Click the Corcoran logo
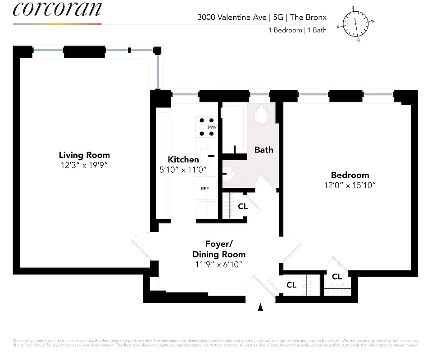[57, 9]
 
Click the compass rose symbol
[356, 23]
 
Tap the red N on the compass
[359, 40]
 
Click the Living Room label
[84, 155]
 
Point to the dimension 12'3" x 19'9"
[84, 165]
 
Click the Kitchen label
[183, 159]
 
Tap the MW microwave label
[212, 127]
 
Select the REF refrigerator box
[205, 189]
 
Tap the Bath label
[264, 149]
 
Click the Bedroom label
[350, 175]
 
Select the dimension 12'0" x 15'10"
[350, 185]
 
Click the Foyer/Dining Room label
[219, 249]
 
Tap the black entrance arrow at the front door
[260, 307]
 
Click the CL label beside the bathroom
[243, 207]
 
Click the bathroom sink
[229, 173]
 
